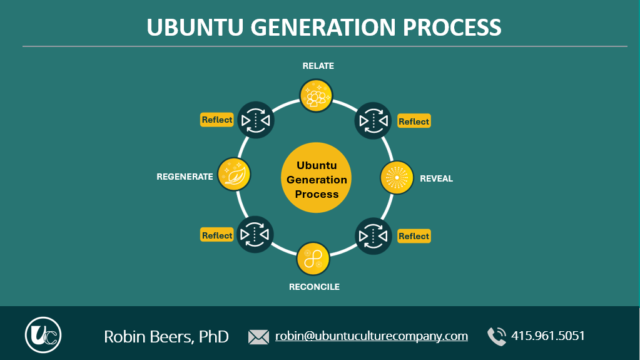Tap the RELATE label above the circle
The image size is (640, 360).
tap(318, 66)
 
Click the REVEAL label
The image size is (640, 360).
tap(436, 178)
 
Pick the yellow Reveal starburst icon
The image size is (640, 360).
tap(397, 178)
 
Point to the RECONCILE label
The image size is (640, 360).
tap(314, 287)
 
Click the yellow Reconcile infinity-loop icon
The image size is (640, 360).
tap(313, 258)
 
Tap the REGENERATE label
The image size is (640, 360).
tap(185, 177)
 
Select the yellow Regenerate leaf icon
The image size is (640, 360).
tap(234, 174)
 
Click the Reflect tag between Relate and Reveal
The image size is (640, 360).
tap(414, 121)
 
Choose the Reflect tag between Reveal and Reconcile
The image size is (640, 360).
tap(414, 236)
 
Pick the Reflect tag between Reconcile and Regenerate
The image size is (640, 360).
tap(217, 235)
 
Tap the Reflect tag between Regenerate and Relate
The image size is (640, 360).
tap(217, 120)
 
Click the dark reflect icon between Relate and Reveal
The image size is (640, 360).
tap(373, 120)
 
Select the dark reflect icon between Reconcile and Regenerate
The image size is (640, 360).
tap(255, 234)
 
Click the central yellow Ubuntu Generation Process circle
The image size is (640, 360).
tap(317, 179)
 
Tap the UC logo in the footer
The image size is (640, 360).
tap(43, 335)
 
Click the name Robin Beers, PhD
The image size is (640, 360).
tap(166, 336)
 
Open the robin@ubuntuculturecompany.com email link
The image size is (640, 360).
tap(372, 336)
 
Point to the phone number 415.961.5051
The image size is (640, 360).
tap(547, 336)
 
